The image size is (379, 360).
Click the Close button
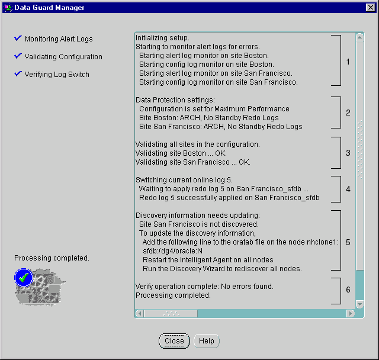pyautogui.click(x=174, y=341)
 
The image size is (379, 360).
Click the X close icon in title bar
pyautogui.click(x=370, y=8)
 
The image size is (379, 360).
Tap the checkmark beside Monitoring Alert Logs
pyautogui.click(x=18, y=38)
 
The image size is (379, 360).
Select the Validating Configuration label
pyautogui.click(x=63, y=57)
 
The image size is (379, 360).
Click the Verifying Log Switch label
pyautogui.click(x=57, y=75)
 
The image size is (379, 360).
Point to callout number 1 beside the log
pyautogui.click(x=348, y=62)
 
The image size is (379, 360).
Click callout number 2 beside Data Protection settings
pyautogui.click(x=348, y=112)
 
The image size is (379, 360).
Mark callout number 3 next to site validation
pyautogui.click(x=348, y=153)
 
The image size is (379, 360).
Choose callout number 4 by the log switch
pyautogui.click(x=348, y=189)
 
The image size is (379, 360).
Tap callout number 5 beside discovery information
pyautogui.click(x=348, y=242)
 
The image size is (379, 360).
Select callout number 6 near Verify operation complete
pyautogui.click(x=348, y=290)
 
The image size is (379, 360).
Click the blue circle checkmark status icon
pyautogui.click(x=23, y=277)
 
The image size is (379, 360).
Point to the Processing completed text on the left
pyautogui.click(x=52, y=258)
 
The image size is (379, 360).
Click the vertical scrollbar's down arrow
pyautogui.click(x=359, y=304)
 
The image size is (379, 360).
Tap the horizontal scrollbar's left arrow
pyautogui.click(x=140, y=313)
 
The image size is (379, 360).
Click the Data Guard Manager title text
pyautogui.click(x=49, y=8)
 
